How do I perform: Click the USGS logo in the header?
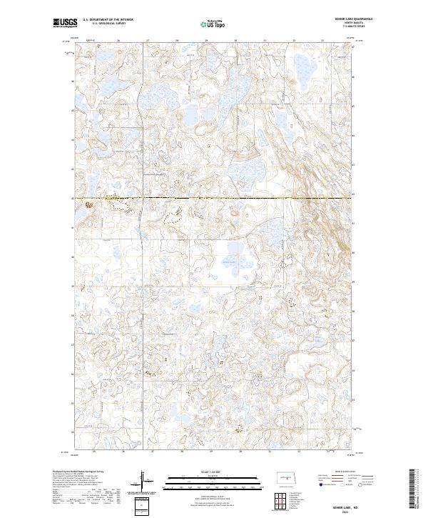63,23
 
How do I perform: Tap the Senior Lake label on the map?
228,262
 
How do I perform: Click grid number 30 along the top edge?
235,41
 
